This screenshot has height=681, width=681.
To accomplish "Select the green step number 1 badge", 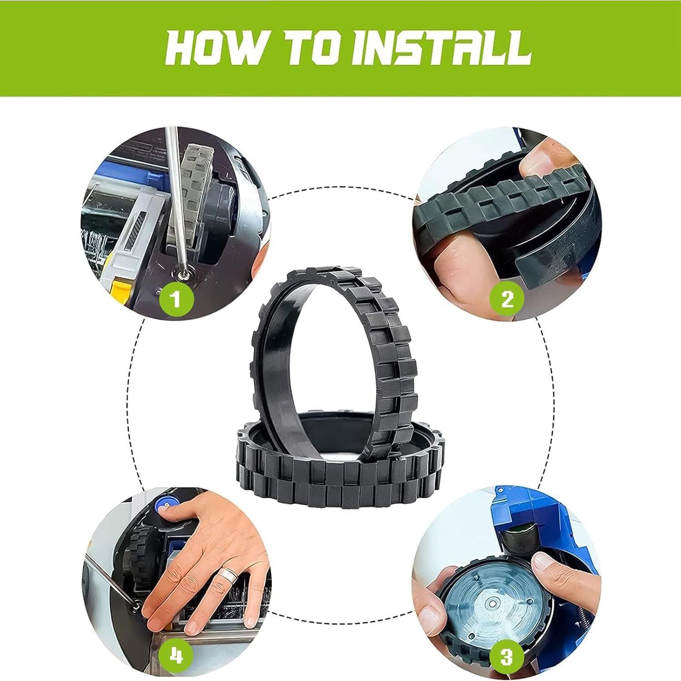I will click(x=176, y=299).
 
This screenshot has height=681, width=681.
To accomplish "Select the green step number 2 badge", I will click(x=507, y=299).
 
